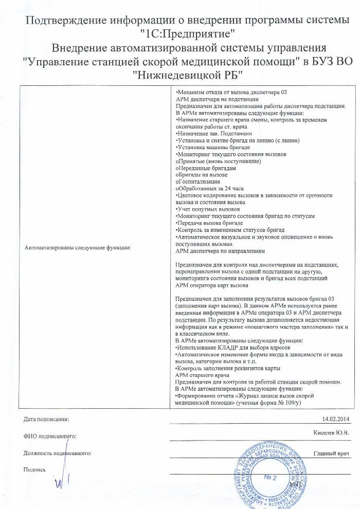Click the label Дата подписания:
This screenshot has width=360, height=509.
[46, 420]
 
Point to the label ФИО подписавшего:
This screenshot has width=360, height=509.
[50, 436]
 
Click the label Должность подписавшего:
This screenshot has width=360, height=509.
[58, 453]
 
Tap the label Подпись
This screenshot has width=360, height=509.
[35, 469]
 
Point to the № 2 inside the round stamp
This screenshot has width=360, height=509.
[271, 478]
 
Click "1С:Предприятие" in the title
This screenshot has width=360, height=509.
[187, 35]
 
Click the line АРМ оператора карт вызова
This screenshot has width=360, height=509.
[212, 285]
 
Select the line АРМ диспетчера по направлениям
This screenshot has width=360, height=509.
[220, 251]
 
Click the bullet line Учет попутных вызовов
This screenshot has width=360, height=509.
[208, 209]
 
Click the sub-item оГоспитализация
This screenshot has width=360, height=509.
[198, 181]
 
